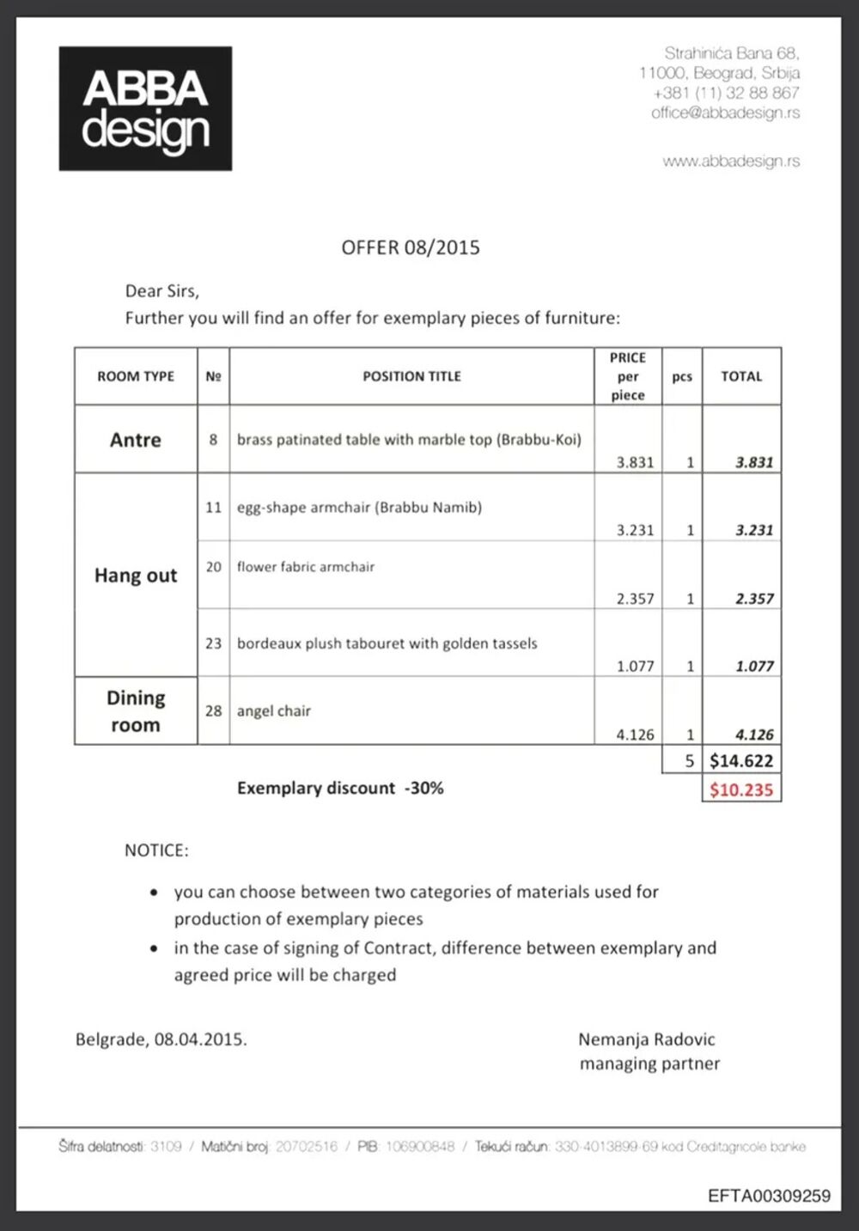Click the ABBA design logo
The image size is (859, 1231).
pos(145,108)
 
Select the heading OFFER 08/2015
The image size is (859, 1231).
pos(411,247)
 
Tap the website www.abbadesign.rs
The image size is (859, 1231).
pos(731,161)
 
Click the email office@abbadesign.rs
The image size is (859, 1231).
pos(725,113)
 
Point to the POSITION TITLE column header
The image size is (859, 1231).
pos(411,376)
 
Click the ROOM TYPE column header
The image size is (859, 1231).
pos(136,376)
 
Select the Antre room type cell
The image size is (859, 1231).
pos(136,440)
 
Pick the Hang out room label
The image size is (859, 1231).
pos(136,576)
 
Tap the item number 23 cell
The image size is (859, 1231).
pos(214,643)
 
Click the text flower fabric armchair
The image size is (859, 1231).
pos(306,567)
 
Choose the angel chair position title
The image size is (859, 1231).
pos(274,711)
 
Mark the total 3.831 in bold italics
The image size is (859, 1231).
pos(754,462)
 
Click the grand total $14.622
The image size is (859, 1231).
pos(741,760)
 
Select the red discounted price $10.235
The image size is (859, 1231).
pos(741,789)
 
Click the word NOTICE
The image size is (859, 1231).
pos(156,850)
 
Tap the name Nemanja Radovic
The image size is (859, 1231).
pos(647,1039)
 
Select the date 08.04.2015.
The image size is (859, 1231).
pos(200,1039)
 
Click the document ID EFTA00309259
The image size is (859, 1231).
pos(769,1196)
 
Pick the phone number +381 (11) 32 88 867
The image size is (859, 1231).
pos(726,93)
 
